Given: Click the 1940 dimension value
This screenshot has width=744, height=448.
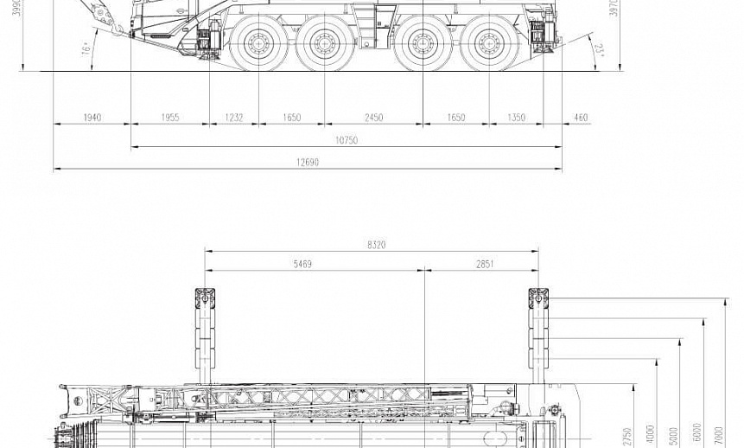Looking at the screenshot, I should pyautogui.click(x=92, y=118).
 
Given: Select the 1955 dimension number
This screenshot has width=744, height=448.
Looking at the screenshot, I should pyautogui.click(x=170, y=118).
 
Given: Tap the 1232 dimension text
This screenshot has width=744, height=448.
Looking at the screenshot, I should pyautogui.click(x=234, y=118).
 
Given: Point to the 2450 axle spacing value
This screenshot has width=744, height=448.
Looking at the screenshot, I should pyautogui.click(x=373, y=118).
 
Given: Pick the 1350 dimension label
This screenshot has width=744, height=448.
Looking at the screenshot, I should pyautogui.click(x=516, y=118).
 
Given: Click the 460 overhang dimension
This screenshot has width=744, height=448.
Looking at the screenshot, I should pyautogui.click(x=581, y=118).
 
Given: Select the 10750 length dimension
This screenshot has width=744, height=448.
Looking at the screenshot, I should pyautogui.click(x=347, y=140).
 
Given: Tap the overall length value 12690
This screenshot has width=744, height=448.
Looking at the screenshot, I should pyautogui.click(x=307, y=163).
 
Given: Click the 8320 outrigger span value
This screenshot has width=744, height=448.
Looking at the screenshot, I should pyautogui.click(x=376, y=245).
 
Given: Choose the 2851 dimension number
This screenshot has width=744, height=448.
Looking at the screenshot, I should pyautogui.click(x=484, y=265).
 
